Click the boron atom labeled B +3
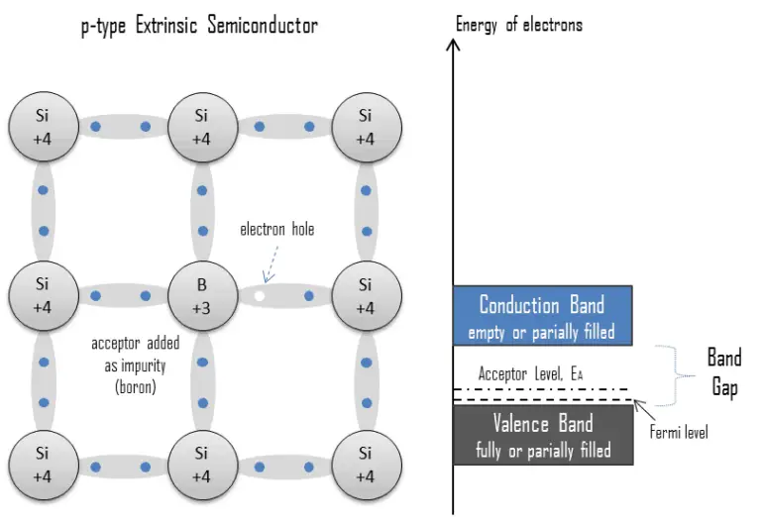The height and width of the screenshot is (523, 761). pyautogui.click(x=202, y=295)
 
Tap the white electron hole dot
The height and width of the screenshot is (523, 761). pyautogui.click(x=260, y=295)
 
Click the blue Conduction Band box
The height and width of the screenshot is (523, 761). pyautogui.click(x=541, y=316)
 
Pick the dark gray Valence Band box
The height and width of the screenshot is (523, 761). pyautogui.click(x=541, y=437)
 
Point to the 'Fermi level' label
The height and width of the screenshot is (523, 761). pyautogui.click(x=680, y=433)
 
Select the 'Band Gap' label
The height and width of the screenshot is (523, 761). pyautogui.click(x=724, y=372)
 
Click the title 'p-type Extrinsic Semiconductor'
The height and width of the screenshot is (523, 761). pyautogui.click(x=199, y=26)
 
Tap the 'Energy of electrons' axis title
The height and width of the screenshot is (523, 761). pyautogui.click(x=519, y=25)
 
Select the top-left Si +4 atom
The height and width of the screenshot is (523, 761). pyautogui.click(x=42, y=127)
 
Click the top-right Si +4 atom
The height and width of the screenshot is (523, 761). pyautogui.click(x=365, y=127)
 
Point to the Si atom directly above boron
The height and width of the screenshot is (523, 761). pyautogui.click(x=202, y=127)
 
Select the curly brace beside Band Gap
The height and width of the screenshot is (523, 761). pyautogui.click(x=673, y=374)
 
